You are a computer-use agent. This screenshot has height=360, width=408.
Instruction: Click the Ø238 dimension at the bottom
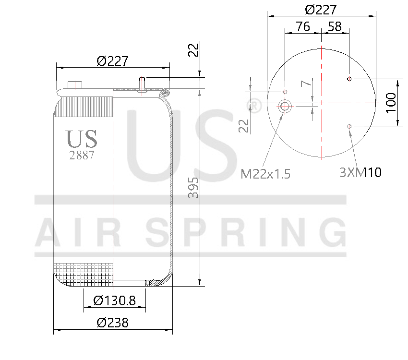pos(112,323)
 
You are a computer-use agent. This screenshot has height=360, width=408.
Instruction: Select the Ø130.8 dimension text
pos(115,300)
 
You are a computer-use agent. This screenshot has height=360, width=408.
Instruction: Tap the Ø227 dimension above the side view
pos(112,61)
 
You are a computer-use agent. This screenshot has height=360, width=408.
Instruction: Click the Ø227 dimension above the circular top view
pos(321,9)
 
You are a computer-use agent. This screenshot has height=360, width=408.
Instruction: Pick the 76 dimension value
pos(302,27)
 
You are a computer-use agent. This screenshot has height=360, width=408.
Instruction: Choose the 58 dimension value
pos(334,27)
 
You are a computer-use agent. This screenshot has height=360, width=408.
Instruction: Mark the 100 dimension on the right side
pos(391,103)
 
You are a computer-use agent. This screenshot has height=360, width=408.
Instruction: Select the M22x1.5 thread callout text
pos(265,174)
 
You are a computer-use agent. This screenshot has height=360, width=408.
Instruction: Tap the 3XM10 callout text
pos(360,172)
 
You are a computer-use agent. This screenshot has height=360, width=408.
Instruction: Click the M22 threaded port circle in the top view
pos(285,106)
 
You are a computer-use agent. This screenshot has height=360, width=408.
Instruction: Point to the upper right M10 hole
pos(349,79)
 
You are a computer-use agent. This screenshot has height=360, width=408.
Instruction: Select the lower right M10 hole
pos(349,126)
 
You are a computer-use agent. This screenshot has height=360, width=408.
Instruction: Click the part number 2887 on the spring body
pos(82,155)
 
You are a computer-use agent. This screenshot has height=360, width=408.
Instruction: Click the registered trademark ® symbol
pos(256,106)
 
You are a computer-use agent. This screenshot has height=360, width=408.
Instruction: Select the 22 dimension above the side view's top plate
pos(193,50)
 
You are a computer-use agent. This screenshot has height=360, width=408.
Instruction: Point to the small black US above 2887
pos(82,139)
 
